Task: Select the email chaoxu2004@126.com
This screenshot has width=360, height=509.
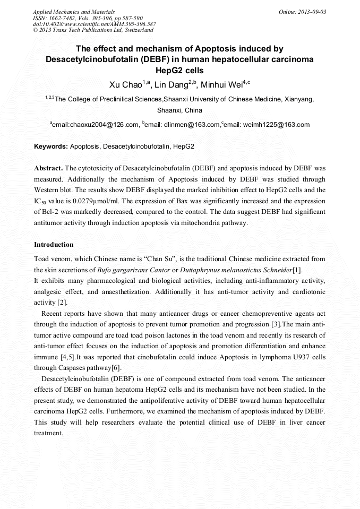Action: pyautogui.click(x=96, y=125)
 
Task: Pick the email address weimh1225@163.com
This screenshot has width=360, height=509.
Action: pyautogui.click(x=276, y=125)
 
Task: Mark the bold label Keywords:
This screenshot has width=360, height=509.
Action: pyautogui.click(x=51, y=146)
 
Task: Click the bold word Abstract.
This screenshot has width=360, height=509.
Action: pyautogui.click(x=48, y=167)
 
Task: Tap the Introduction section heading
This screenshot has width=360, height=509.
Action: pyautogui.click(x=54, y=245)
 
